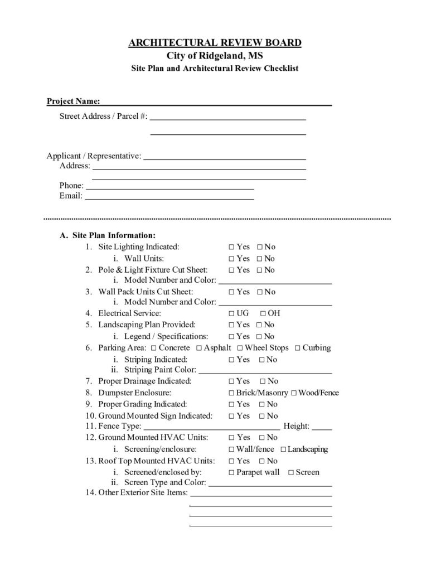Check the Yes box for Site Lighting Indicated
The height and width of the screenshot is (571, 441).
pyautogui.click(x=231, y=247)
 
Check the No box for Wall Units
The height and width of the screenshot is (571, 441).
pyautogui.click(x=259, y=259)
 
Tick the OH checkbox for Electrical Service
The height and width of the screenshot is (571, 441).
pyautogui.click(x=262, y=313)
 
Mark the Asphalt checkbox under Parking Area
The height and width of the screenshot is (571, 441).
pyautogui.click(x=199, y=348)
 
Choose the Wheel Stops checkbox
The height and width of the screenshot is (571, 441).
pyautogui.click(x=240, y=348)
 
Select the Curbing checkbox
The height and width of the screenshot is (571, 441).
pyautogui.click(x=298, y=348)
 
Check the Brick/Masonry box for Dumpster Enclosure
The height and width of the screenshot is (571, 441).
pyautogui.click(x=231, y=393)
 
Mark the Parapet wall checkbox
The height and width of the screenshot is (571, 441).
pyautogui.click(x=231, y=473)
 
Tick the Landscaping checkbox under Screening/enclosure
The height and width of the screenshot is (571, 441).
pyautogui.click(x=283, y=449)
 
